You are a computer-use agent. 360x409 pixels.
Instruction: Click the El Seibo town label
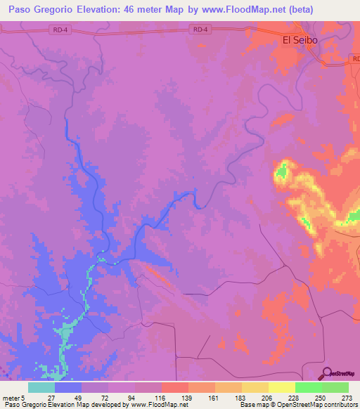click(300, 40)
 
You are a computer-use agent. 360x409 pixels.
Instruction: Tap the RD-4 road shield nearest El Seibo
click(200, 29)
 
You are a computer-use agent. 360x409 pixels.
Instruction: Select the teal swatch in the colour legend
click(41, 387)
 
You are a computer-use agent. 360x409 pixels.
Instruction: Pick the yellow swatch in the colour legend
click(281, 387)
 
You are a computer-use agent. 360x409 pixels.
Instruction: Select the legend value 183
click(242, 397)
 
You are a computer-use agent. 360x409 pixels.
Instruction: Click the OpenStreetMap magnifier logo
click(328, 372)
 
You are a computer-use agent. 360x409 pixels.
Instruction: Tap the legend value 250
click(321, 397)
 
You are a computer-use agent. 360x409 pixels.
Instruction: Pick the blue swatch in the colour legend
click(68, 387)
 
